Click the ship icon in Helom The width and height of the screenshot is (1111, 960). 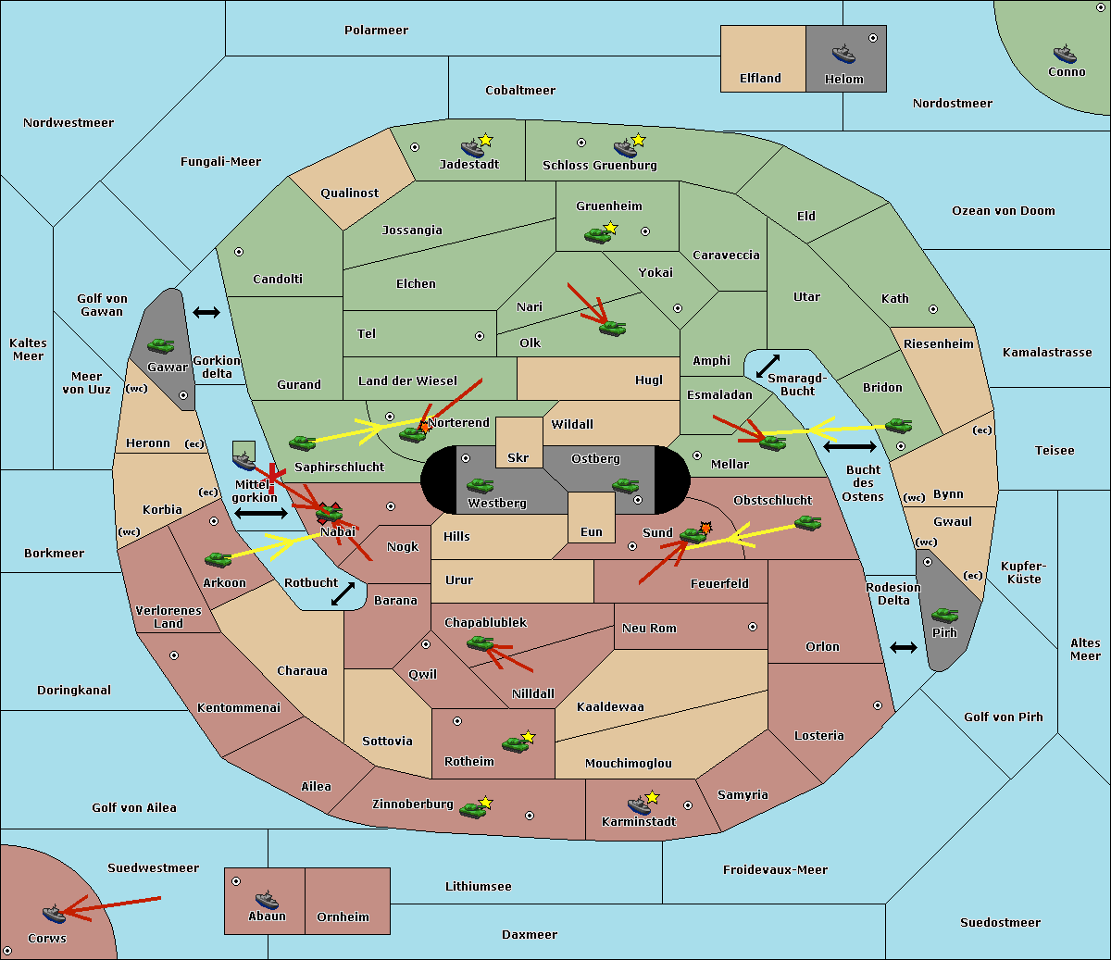pyautogui.click(x=843, y=54)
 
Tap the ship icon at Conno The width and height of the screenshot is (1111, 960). pyautogui.click(x=1065, y=54)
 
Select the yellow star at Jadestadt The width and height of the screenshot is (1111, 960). pyautogui.click(x=485, y=141)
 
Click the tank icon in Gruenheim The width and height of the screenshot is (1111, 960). pyautogui.click(x=598, y=235)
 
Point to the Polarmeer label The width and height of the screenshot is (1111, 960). pyautogui.click(x=376, y=31)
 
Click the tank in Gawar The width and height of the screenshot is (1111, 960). pyautogui.click(x=161, y=345)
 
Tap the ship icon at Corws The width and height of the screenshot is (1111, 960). pyautogui.click(x=54, y=913)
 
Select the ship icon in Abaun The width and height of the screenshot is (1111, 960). pyautogui.click(x=267, y=899)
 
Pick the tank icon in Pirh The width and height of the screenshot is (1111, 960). pyautogui.click(x=944, y=615)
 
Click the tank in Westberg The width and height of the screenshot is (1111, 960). pyautogui.click(x=480, y=485)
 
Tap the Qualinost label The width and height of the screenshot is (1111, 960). pyautogui.click(x=349, y=193)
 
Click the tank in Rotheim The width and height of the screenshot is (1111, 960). pyautogui.click(x=516, y=744)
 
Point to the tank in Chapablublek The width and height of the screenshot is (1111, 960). pyautogui.click(x=480, y=642)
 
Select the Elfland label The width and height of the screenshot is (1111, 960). pyautogui.click(x=760, y=79)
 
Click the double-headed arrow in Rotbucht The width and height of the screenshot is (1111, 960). pyautogui.click(x=343, y=593)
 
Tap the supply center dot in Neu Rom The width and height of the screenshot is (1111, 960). pyautogui.click(x=753, y=627)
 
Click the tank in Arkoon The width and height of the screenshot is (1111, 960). pyautogui.click(x=218, y=559)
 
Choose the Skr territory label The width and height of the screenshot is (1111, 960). pyautogui.click(x=518, y=457)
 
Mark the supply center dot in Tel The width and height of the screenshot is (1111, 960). pyautogui.click(x=480, y=336)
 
